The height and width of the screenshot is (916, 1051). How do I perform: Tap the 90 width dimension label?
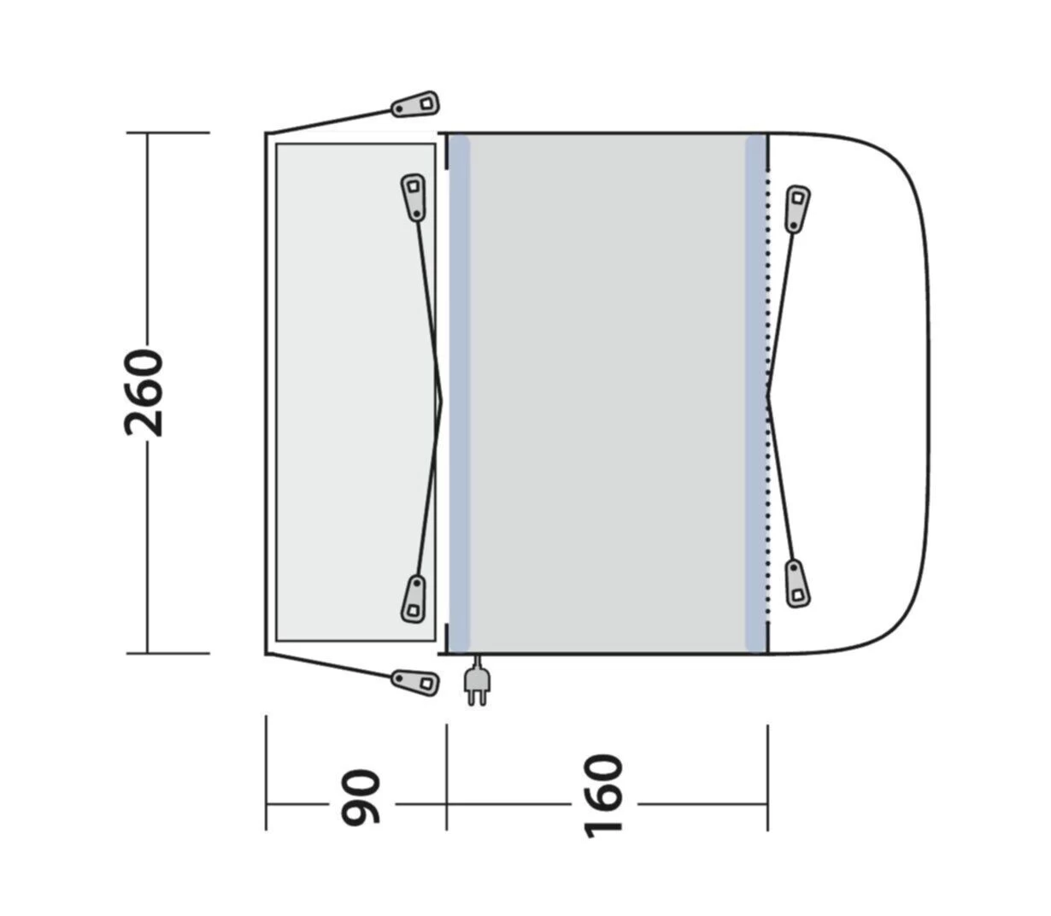tap(360, 798)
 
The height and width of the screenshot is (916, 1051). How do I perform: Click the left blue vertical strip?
tap(460, 393)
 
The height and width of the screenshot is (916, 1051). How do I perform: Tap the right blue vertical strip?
tap(755, 393)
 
